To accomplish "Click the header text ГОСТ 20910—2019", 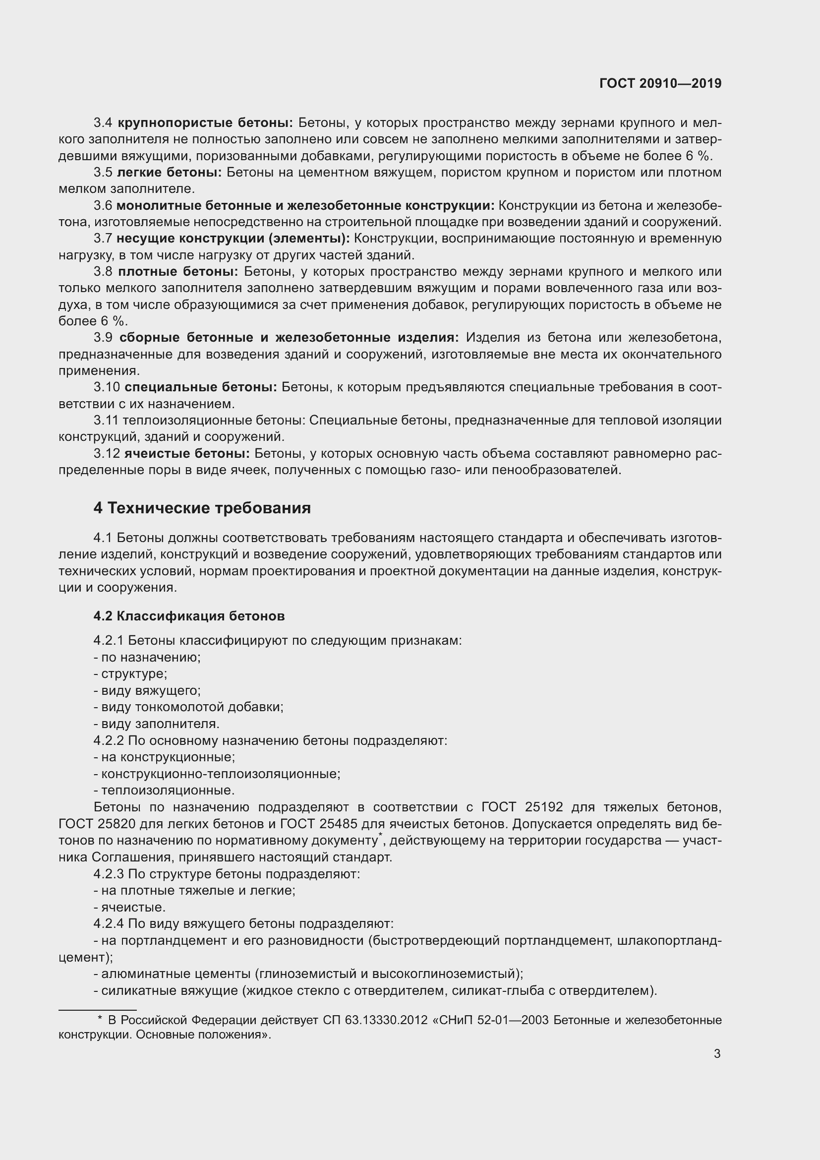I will tap(660, 83).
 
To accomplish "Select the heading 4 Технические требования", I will tap(202, 508).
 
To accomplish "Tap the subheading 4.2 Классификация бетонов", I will tap(189, 616).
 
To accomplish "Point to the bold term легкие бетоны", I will tap(169, 172).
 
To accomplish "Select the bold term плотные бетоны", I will tap(178, 272).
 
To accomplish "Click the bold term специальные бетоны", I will tap(200, 387).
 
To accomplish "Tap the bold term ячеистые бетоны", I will tap(187, 453).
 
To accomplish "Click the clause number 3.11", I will tap(106, 421).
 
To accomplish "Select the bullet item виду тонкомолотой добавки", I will tap(192, 707).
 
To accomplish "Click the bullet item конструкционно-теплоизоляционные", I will tap(220, 774).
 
